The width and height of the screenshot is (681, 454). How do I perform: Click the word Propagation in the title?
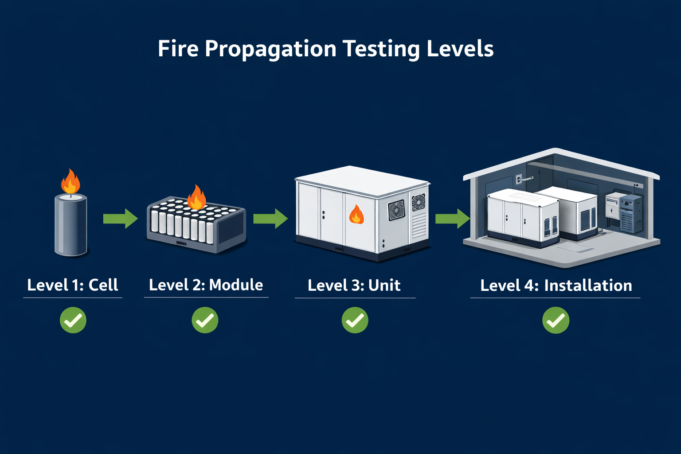tap(270, 49)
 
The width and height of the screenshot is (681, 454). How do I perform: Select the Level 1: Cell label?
tap(73, 285)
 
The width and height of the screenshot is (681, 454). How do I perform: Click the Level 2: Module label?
tap(206, 285)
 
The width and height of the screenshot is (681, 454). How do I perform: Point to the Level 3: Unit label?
tap(354, 286)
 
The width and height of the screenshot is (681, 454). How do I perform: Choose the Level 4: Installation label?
tap(556, 286)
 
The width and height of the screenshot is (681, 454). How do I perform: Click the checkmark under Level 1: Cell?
tap(73, 320)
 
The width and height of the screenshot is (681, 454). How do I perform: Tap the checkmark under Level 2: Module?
tap(205, 320)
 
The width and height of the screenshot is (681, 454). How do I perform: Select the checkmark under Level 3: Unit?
tap(355, 321)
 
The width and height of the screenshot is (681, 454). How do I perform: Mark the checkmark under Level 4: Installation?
tap(556, 321)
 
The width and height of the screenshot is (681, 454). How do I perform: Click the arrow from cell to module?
tap(120, 219)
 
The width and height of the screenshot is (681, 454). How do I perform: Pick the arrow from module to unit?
tap(270, 219)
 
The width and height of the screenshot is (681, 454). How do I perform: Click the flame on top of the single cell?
tap(70, 182)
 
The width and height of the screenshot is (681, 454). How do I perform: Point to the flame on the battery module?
tap(196, 198)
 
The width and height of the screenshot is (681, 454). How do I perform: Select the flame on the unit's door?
tap(356, 215)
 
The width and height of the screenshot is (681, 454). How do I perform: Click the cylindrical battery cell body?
tap(70, 226)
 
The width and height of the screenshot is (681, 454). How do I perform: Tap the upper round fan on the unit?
tap(419, 203)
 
